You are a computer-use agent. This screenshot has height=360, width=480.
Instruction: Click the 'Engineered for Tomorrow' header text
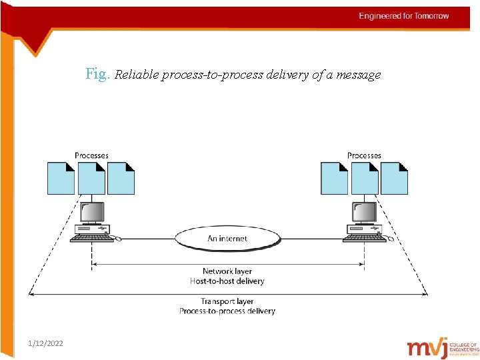pyautogui.click(x=404, y=16)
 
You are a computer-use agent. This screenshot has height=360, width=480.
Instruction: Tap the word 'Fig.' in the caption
pyautogui.click(x=98, y=74)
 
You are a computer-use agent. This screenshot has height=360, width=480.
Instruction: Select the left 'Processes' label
pyautogui.click(x=91, y=155)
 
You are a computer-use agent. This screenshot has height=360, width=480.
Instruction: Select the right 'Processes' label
pyautogui.click(x=364, y=155)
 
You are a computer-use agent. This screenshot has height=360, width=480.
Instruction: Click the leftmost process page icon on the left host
pyautogui.click(x=61, y=178)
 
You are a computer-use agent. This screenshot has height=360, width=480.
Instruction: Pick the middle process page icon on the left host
pyautogui.click(x=91, y=178)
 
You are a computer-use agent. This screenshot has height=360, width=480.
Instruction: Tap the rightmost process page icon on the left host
pyautogui.click(x=121, y=178)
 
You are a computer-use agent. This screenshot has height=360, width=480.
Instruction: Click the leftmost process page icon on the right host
pyautogui.click(x=334, y=178)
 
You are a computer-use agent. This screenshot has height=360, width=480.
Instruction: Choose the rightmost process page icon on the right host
pyautogui.click(x=394, y=178)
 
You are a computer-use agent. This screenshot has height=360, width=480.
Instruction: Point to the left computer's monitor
pyautogui.click(x=92, y=212)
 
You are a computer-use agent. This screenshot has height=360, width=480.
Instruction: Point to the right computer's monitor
pyautogui.click(x=365, y=212)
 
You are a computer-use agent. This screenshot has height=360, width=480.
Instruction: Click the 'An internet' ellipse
pyautogui.click(x=227, y=238)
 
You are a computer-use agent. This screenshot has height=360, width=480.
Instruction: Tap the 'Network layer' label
pyautogui.click(x=227, y=271)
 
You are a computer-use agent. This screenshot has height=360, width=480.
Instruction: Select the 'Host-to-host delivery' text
pyautogui.click(x=227, y=281)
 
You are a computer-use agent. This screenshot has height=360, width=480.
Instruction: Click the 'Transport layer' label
pyautogui.click(x=227, y=301)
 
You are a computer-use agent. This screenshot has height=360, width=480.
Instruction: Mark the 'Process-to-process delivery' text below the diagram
pyautogui.click(x=227, y=311)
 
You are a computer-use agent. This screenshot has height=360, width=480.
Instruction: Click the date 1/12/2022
pyautogui.click(x=46, y=343)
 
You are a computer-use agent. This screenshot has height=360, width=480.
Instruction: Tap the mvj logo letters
pyautogui.click(x=427, y=347)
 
